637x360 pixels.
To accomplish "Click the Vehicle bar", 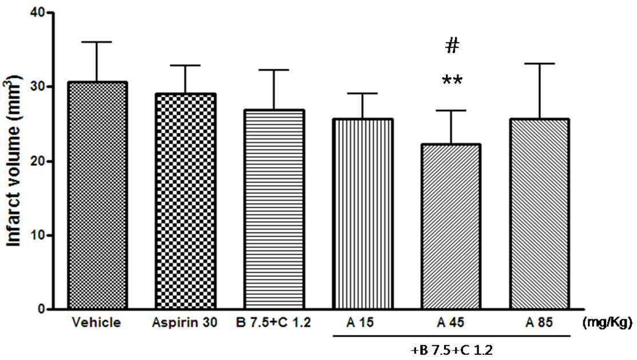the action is (97, 195).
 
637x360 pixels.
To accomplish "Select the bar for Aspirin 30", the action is (185, 201).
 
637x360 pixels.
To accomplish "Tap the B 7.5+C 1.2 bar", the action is (274, 209).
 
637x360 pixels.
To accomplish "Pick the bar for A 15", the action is (362, 214).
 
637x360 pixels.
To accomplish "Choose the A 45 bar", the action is (451, 226).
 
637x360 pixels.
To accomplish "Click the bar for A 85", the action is (539, 214).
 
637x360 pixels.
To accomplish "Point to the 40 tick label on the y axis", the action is (38, 13).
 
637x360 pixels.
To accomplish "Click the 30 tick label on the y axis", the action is (38, 87).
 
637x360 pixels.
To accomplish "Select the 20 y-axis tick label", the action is (38, 161).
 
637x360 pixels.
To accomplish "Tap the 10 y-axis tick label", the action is (38, 235).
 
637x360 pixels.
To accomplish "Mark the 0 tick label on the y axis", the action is (42, 309).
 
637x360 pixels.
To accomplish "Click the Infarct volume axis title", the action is (13, 161).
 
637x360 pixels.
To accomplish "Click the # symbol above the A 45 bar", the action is (452, 46).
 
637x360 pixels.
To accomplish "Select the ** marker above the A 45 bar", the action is (452, 80).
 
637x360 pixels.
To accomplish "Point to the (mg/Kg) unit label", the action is (607, 323).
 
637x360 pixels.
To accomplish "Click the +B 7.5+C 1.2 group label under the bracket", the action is (452, 350).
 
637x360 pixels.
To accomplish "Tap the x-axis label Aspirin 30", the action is (185, 323).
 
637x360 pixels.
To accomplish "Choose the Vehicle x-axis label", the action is (97, 323).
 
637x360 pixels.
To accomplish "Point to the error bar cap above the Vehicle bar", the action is (97, 42).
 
